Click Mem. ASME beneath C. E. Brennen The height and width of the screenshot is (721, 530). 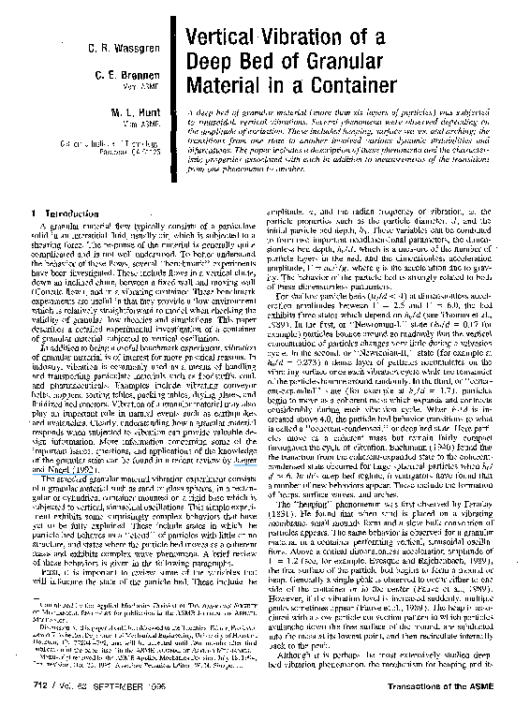pyautogui.click(x=146, y=85)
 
